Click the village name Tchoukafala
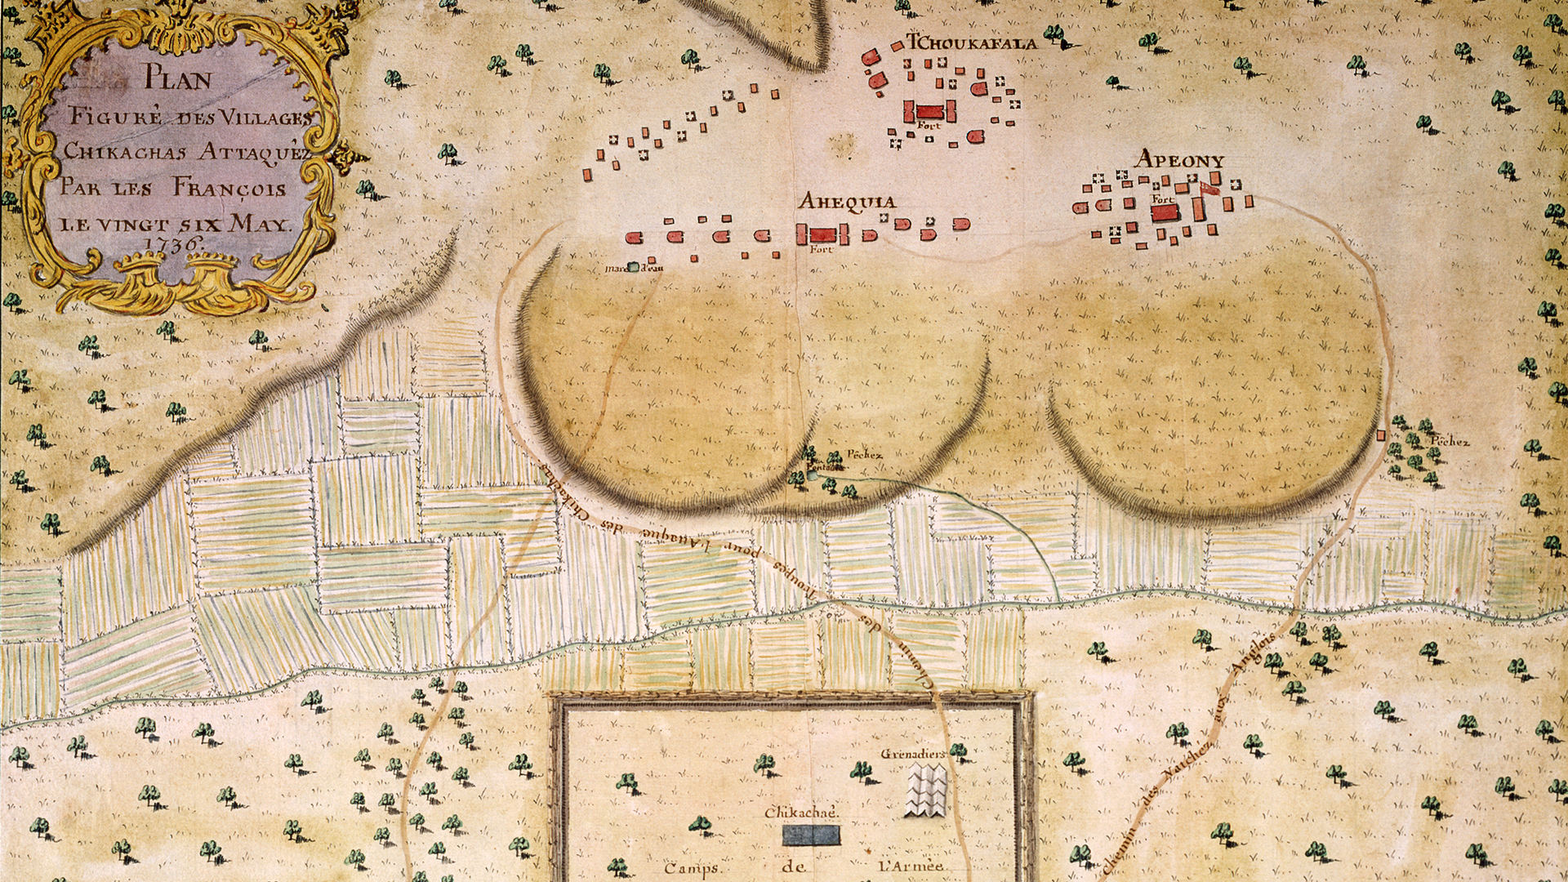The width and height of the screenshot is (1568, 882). [x=972, y=43]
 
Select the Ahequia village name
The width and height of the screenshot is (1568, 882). [x=846, y=202]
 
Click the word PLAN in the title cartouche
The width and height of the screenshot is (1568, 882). [x=178, y=80]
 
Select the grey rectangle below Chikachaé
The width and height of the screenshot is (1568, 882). [x=812, y=835]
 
